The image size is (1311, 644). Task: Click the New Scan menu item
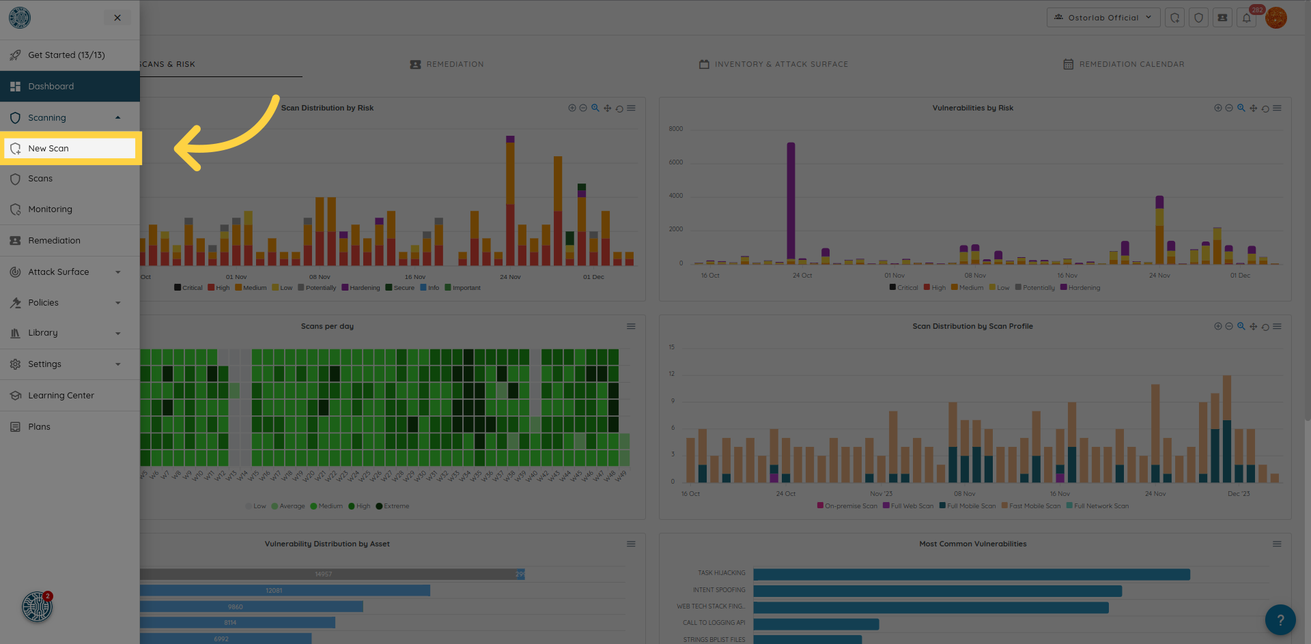(48, 149)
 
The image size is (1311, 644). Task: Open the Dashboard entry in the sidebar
(51, 87)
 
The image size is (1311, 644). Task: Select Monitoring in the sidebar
(50, 209)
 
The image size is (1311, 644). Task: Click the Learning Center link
(61, 396)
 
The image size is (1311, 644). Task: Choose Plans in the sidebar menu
(39, 427)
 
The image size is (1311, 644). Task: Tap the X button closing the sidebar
(117, 18)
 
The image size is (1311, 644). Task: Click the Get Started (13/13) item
(66, 55)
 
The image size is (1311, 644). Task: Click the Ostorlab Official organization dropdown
(1103, 18)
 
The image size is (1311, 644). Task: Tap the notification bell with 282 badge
(1247, 18)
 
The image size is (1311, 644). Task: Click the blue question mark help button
(1280, 620)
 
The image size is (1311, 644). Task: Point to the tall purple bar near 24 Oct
(791, 201)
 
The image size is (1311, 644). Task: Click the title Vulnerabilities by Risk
(972, 108)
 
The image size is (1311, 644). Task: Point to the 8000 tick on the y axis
(676, 129)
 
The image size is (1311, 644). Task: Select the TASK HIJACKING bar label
(721, 573)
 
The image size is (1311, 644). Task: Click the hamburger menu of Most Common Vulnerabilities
(1277, 544)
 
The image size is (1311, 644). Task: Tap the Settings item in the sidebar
(45, 364)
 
